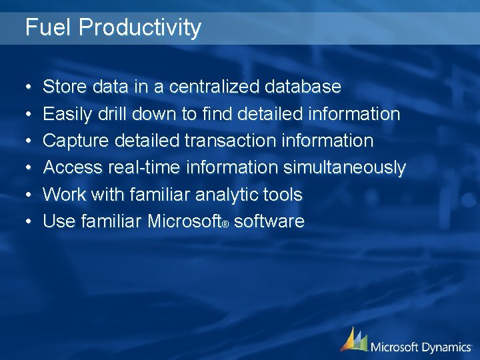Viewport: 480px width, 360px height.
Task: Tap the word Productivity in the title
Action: tap(139, 29)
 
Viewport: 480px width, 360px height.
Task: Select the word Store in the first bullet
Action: tap(65, 87)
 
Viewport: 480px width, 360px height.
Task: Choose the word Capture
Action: tap(75, 141)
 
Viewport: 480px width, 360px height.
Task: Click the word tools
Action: tap(284, 195)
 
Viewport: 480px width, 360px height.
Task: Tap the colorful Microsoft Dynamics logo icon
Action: tap(353, 339)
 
